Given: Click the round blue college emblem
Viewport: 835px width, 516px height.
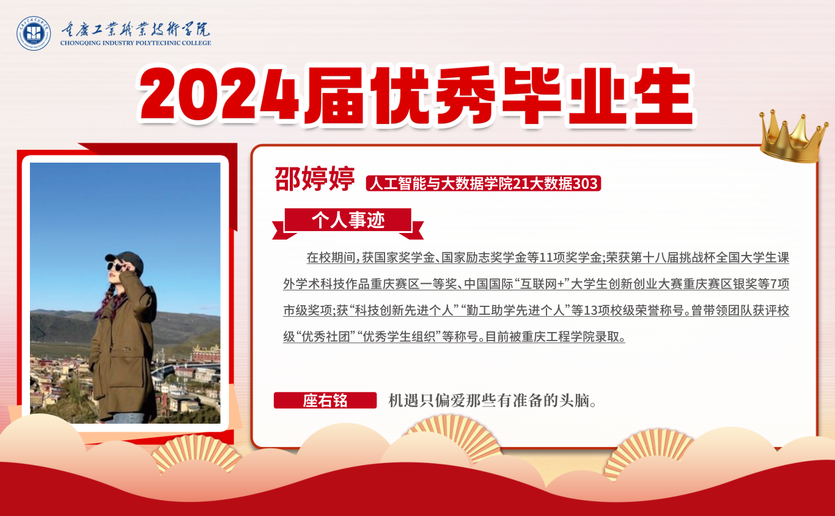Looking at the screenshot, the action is pyautogui.click(x=34, y=34).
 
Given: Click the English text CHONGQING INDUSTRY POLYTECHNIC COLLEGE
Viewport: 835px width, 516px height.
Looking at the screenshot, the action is pyautogui.click(x=136, y=43).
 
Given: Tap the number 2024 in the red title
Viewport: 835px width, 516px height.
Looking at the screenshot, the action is pyautogui.click(x=219, y=95).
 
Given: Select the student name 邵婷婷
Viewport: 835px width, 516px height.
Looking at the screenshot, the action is pyautogui.click(x=315, y=179).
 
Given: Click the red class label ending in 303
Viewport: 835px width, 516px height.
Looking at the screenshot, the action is pyautogui.click(x=484, y=183).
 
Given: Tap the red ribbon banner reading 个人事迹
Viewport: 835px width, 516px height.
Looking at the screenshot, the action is pyautogui.click(x=348, y=223).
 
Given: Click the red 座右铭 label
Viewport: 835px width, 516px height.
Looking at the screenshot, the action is pyautogui.click(x=325, y=400).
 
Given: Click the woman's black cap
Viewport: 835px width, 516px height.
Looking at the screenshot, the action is pyautogui.click(x=126, y=260).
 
